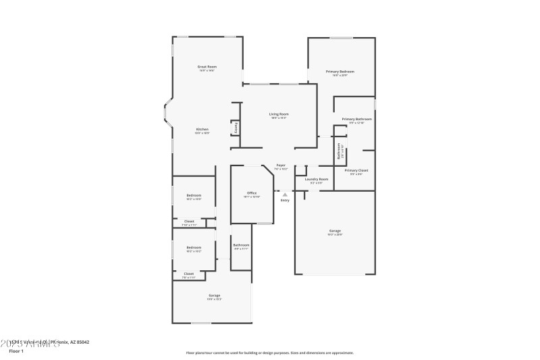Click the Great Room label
coord(207,67)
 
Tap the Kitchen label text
coord(202,129)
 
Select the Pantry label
coord(236,127)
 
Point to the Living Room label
coord(279,114)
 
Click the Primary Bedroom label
coord(340,72)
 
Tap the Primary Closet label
coord(356,170)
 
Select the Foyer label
coord(281,165)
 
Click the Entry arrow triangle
coord(285,195)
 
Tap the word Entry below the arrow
coord(285,200)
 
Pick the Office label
coord(251,193)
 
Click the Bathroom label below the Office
coord(241,245)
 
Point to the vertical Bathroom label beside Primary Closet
coord(340,151)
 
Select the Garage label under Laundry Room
coord(335,231)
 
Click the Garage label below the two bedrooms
coord(214,296)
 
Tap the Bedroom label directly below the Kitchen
coord(194,195)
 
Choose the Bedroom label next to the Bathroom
coord(194,247)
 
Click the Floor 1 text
coord(16,351)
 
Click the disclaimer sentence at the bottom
coord(269,353)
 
